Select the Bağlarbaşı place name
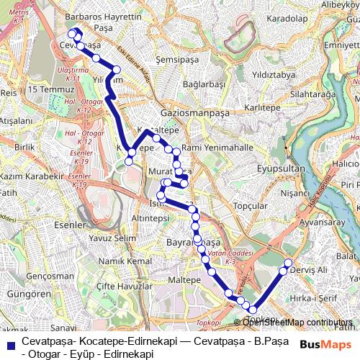(204, 84)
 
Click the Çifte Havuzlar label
(125, 286)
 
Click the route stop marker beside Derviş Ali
(288, 264)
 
